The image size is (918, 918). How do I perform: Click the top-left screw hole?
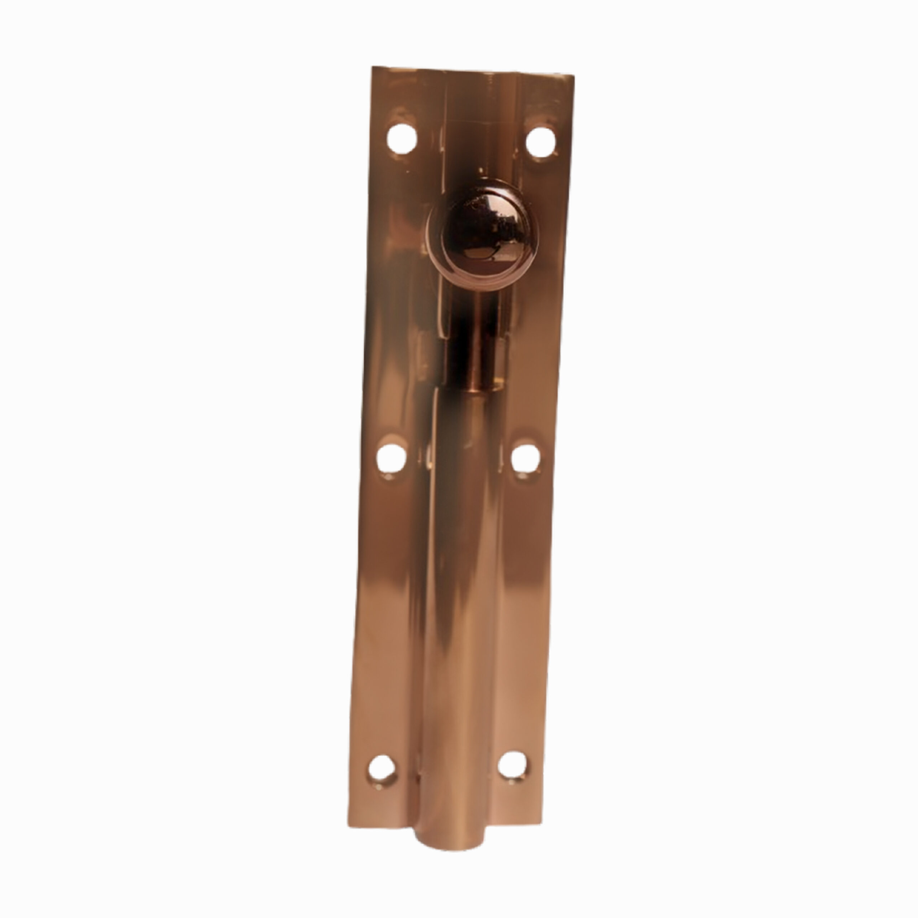pyautogui.click(x=402, y=139)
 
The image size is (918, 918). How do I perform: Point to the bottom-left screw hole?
pyautogui.click(x=382, y=769)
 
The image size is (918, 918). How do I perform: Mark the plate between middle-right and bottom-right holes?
pyautogui.click(x=520, y=613)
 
